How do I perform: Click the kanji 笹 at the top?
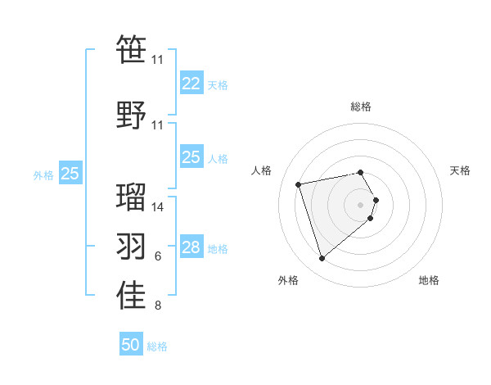click(131, 48)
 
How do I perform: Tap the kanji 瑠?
click(131, 196)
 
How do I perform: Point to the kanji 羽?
click(131, 245)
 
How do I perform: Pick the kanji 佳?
click(131, 296)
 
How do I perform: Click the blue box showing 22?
click(191, 84)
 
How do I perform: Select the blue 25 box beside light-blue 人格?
click(191, 157)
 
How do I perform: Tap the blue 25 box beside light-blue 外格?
click(70, 173)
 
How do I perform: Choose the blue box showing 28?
click(191, 247)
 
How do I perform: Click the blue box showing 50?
click(131, 345)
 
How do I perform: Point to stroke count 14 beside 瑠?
click(158, 207)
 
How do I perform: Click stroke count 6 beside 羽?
click(158, 257)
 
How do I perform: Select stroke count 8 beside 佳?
click(158, 306)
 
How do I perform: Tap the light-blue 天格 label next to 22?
click(218, 85)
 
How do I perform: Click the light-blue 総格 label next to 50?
click(157, 346)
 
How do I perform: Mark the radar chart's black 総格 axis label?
click(361, 106)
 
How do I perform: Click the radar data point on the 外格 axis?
click(322, 259)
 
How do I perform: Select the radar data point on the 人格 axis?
click(299, 183)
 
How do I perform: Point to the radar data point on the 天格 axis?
click(376, 200)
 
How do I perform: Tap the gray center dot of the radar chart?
click(361, 205)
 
